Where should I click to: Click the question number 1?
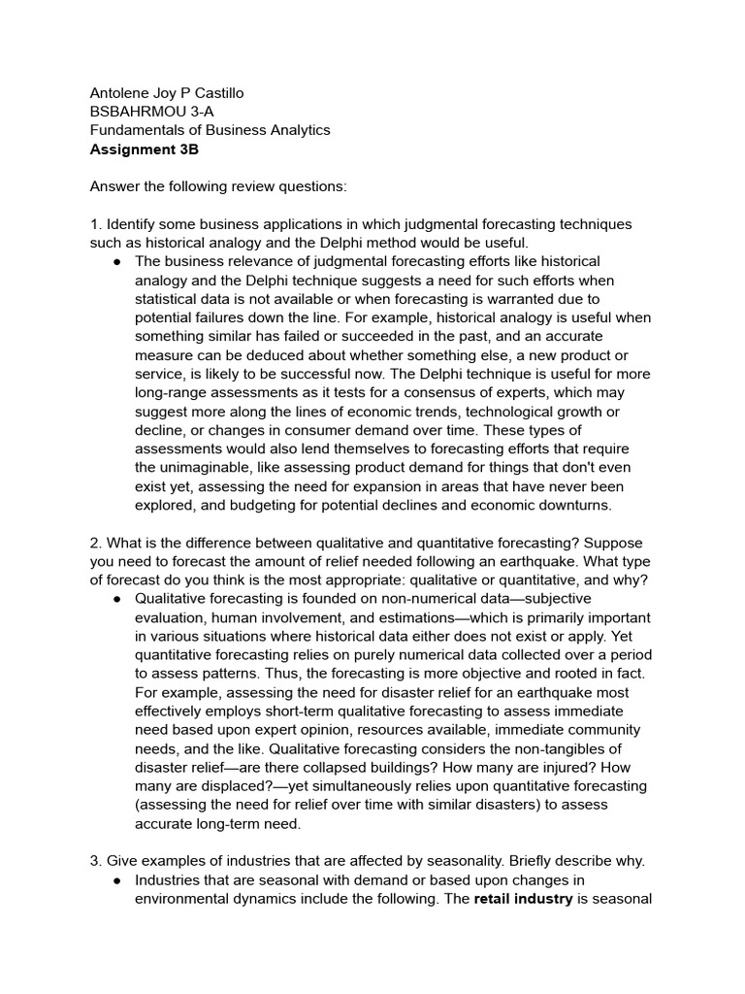coord(94,224)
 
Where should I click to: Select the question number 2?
coord(94,543)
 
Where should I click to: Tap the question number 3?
coord(94,861)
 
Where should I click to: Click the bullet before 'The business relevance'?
coord(116,262)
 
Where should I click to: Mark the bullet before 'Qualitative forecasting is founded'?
coord(116,599)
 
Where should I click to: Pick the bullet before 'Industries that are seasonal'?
coord(116,880)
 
